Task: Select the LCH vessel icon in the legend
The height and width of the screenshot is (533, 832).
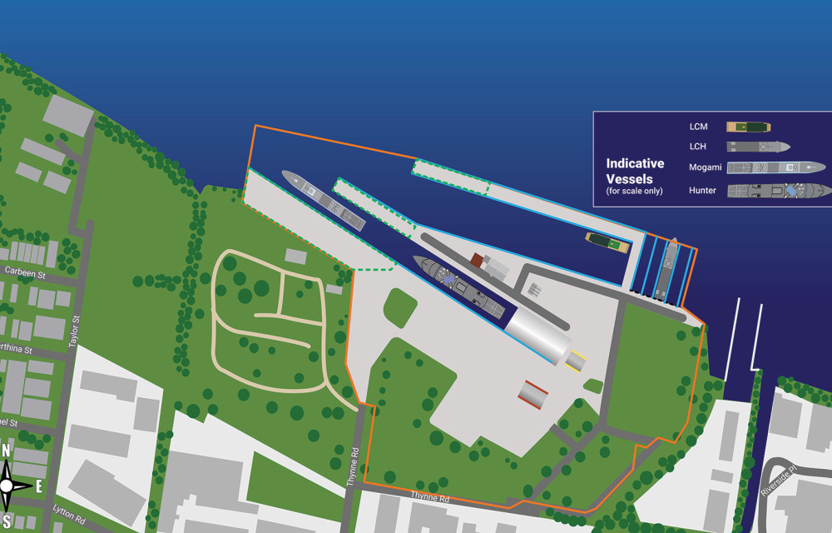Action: pos(758,147)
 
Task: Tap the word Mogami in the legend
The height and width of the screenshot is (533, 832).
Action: pos(705,167)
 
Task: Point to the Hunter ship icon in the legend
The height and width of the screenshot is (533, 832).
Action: pos(779,191)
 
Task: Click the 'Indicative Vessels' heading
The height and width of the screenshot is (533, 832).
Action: pos(636,171)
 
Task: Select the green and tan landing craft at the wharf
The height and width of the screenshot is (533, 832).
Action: pos(607,243)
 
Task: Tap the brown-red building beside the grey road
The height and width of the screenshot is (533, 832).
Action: pos(478,261)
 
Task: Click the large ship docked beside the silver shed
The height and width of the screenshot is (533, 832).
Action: pos(459,286)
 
